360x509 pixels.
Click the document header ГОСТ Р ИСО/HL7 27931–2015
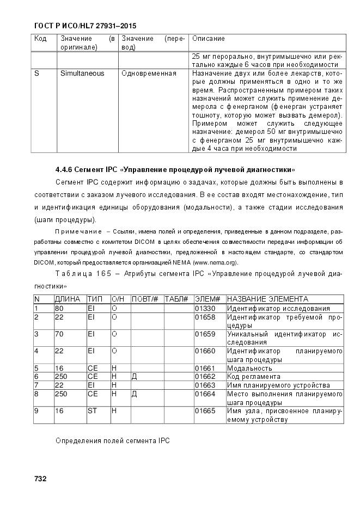85,26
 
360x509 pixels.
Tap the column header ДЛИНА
68,299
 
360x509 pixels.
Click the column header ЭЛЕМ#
207,299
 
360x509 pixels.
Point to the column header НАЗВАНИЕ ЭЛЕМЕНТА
267,299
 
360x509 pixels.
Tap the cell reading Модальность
249,368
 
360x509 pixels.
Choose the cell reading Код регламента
253,376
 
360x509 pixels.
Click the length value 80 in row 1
59,308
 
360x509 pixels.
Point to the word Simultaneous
82,73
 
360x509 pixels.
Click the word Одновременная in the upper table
149,73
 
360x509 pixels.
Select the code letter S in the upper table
36,73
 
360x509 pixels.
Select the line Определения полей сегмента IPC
113,440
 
